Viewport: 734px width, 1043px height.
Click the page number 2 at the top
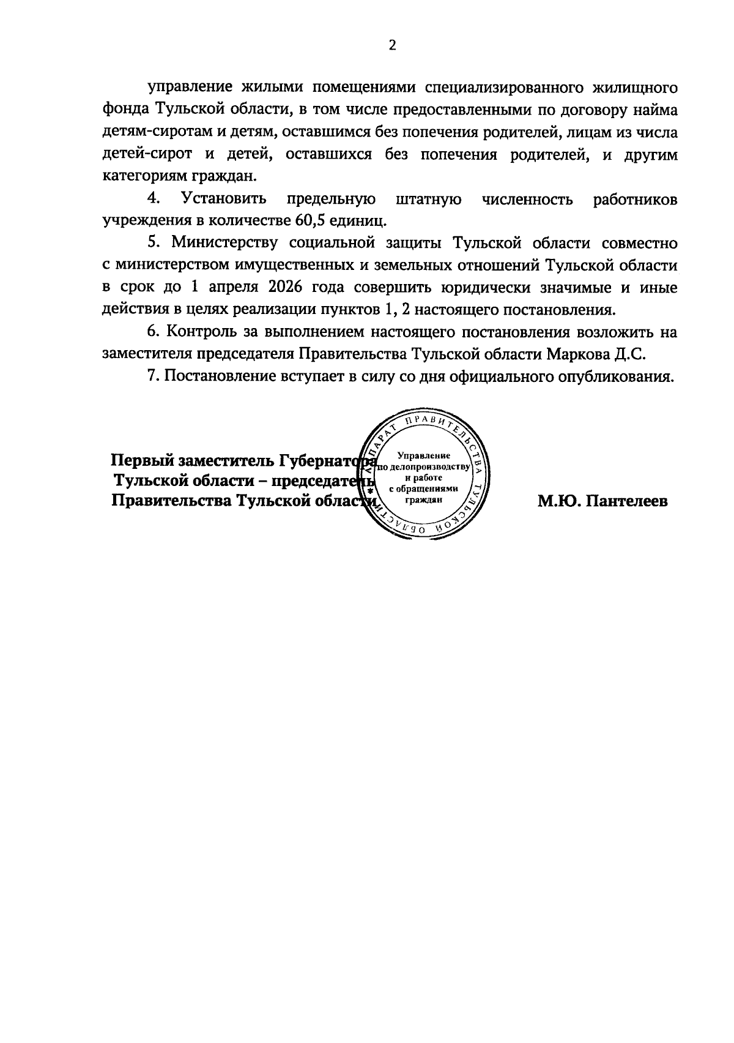(x=392, y=46)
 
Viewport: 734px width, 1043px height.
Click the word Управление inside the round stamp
(x=423, y=455)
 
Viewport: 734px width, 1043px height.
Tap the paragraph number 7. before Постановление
(x=153, y=376)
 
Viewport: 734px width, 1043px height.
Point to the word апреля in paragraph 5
(x=236, y=287)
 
